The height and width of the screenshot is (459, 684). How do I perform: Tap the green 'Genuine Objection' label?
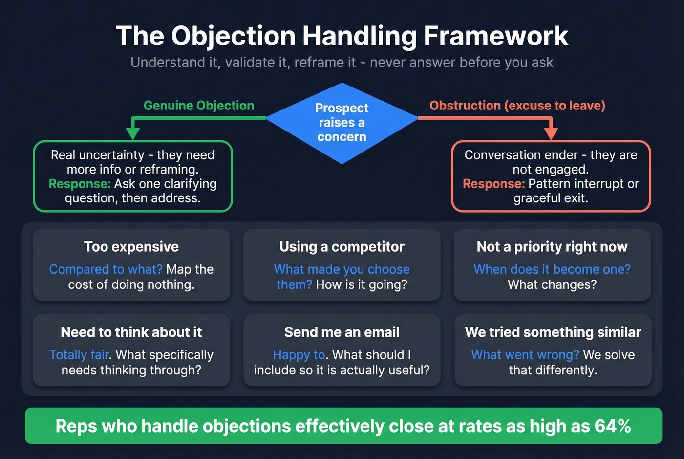point(198,106)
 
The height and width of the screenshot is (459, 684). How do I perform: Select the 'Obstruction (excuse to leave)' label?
point(517,106)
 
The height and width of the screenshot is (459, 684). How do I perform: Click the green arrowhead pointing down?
point(132,133)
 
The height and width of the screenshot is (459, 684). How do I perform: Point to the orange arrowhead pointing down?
point(551,133)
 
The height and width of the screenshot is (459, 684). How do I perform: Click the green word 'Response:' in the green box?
point(80,184)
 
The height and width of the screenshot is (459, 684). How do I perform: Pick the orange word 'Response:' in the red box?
point(493,184)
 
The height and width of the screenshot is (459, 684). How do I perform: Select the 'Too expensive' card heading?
point(131,247)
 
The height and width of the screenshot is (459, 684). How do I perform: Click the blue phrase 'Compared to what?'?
point(106,269)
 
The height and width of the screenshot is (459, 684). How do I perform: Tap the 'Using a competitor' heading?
point(342,247)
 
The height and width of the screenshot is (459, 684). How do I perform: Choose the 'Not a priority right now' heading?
point(552,247)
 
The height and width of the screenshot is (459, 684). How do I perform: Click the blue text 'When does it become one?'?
point(552,269)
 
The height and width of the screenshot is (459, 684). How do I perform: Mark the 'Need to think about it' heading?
point(131,332)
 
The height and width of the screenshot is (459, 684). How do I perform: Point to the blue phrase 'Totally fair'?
point(79,355)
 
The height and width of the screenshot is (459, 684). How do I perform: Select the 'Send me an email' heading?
point(342,332)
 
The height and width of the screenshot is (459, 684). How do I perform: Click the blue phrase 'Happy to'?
point(299,355)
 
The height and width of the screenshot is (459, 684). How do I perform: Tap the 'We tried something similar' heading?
point(553,332)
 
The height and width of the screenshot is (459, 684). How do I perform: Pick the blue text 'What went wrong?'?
point(525,355)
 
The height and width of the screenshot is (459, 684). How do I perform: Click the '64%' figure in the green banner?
point(612,426)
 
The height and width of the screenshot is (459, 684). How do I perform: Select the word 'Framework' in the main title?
point(496,36)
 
